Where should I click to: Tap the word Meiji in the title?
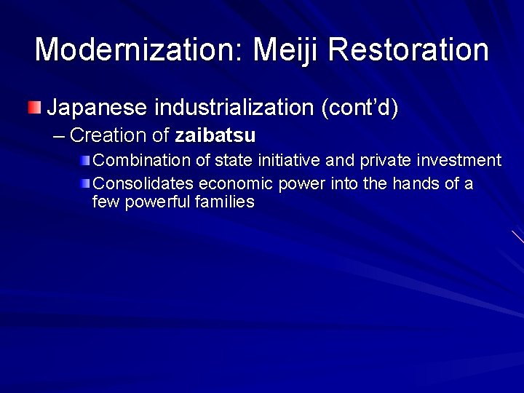(285, 49)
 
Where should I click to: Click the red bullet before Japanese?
(35, 108)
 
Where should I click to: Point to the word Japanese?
(98, 108)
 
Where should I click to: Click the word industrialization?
(234, 108)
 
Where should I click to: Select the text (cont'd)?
(360, 108)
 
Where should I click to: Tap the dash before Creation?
(60, 135)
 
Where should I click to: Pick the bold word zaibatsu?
(215, 135)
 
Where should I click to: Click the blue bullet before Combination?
(85, 160)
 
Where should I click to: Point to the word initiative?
(271, 160)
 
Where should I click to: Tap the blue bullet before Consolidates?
(85, 183)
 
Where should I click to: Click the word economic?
(231, 183)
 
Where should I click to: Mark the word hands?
(416, 183)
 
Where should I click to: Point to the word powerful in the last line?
(157, 202)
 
